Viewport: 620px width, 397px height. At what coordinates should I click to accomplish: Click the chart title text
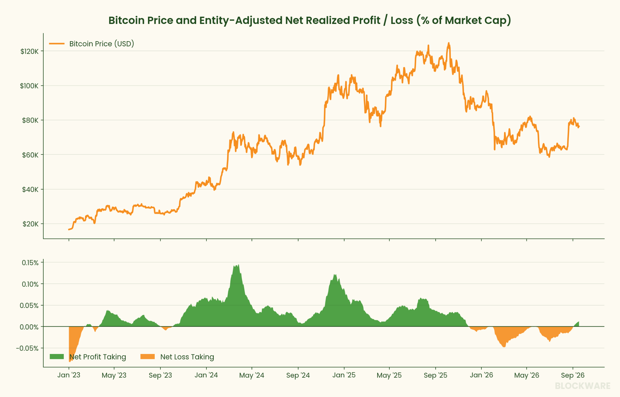[310, 20]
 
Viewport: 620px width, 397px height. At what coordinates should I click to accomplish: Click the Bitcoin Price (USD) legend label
[102, 44]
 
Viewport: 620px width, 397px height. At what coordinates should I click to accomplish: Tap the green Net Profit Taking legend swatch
[57, 357]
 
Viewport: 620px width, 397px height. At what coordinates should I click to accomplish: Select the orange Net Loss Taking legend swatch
[147, 357]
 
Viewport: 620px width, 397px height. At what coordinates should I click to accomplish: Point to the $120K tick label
[30, 51]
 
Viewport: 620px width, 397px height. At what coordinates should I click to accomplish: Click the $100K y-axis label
[29, 86]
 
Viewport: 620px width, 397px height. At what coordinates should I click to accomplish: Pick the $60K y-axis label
[30, 155]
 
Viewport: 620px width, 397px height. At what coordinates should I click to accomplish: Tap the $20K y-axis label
[31, 224]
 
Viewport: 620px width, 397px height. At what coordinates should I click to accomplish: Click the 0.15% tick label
[30, 263]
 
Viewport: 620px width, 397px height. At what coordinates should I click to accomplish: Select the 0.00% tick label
[29, 327]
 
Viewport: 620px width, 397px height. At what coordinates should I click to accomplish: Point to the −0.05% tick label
[27, 348]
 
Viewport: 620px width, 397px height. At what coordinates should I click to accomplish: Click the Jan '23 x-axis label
[69, 375]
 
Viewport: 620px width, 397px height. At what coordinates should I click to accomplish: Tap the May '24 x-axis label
[252, 375]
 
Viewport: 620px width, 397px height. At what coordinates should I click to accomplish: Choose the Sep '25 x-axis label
[435, 375]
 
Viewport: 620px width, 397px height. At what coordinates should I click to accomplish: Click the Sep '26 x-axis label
[573, 375]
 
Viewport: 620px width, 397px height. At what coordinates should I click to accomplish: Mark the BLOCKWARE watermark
[583, 386]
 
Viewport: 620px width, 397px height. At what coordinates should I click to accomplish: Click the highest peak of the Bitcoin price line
[449, 43]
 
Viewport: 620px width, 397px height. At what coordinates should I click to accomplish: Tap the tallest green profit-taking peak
[238, 265]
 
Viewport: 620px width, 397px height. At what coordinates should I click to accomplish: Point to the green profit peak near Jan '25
[335, 275]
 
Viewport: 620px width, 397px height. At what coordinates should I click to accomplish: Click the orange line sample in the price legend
[57, 44]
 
